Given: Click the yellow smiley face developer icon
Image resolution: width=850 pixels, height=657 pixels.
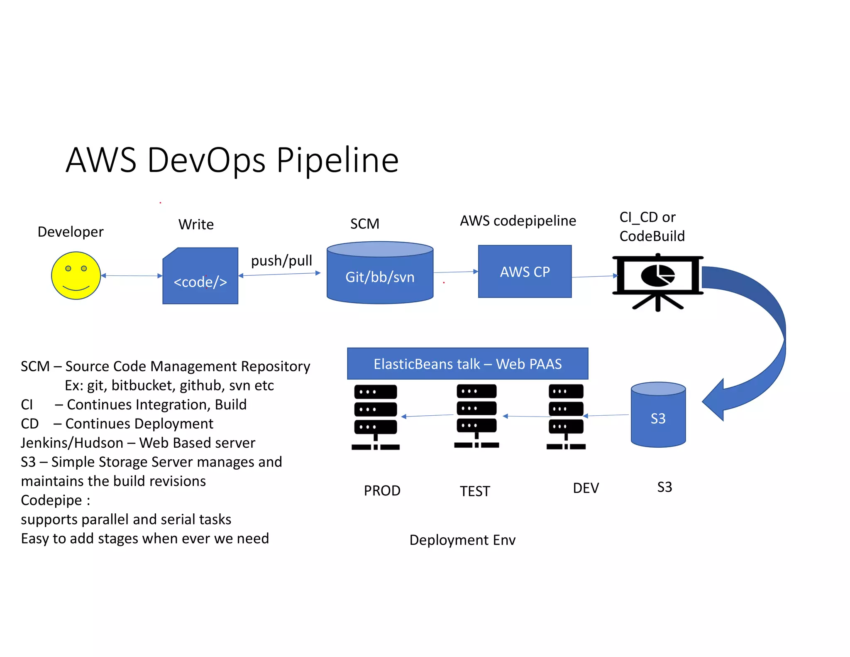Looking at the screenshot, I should [x=76, y=275].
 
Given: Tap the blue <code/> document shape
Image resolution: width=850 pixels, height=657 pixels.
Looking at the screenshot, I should [x=200, y=277].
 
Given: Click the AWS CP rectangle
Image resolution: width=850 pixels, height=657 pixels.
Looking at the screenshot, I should [x=525, y=272].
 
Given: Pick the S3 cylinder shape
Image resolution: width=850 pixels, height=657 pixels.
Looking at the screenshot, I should [x=658, y=415].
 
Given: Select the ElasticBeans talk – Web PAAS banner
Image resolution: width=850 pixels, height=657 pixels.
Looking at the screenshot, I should [x=468, y=364].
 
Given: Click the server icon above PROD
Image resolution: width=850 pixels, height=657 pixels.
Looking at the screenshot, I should [x=376, y=417].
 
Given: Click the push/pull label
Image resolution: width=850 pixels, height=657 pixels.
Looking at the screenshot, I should [x=281, y=261].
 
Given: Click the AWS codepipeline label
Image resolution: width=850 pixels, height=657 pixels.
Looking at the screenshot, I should [x=518, y=221].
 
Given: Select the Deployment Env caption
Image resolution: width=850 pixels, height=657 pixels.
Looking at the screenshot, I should [x=462, y=540].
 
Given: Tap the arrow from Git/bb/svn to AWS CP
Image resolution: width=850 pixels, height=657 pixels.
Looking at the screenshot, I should [x=455, y=272].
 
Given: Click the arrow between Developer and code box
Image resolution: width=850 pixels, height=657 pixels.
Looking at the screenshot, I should [x=132, y=276].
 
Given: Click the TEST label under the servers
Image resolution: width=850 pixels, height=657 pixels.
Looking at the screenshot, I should [x=475, y=491].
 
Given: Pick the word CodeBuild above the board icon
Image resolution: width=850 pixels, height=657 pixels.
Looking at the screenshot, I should [x=652, y=236].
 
